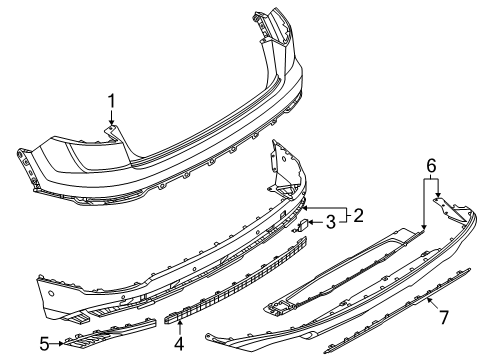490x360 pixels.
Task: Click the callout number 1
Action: (111, 101)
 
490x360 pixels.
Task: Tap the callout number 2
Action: (358, 215)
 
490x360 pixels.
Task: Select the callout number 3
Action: (330, 222)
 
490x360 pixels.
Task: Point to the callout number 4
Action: (179, 344)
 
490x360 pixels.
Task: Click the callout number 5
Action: (44, 344)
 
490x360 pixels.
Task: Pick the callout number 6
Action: (431, 166)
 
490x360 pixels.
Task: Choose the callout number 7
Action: (444, 317)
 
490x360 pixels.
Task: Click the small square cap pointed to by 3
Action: (303, 226)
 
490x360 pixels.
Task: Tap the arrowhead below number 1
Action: (111, 123)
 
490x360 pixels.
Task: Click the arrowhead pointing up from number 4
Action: (179, 322)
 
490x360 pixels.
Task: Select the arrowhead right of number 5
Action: (61, 343)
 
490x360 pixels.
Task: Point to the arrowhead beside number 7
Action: (429, 301)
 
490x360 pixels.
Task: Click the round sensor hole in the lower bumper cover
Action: (51, 293)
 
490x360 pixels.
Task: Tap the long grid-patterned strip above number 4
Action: (235, 281)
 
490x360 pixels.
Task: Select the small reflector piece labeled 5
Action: (110, 334)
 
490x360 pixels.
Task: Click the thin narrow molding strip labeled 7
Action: (397, 311)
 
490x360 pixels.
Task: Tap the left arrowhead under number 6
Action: (424, 227)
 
